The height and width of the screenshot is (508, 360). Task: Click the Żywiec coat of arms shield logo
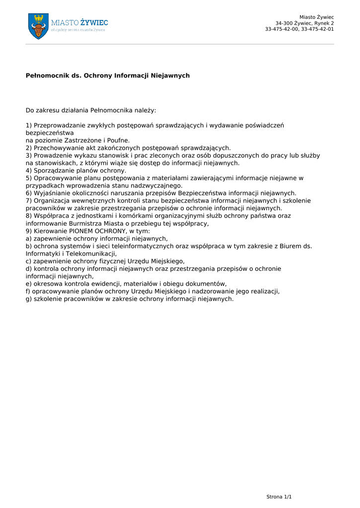[x=38, y=26]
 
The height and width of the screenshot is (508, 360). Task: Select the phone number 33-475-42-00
[x=281, y=29]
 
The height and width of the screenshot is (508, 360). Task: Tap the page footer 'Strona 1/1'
[x=279, y=497]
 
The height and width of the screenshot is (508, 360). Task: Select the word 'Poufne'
[x=119, y=140]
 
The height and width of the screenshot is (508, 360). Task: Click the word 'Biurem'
[x=290, y=246]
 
